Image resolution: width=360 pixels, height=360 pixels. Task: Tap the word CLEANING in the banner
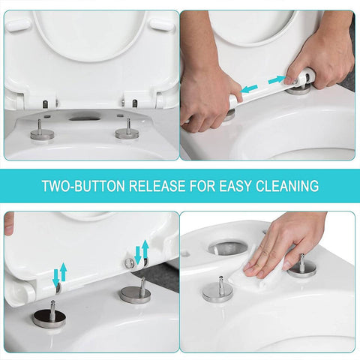coord(283,185)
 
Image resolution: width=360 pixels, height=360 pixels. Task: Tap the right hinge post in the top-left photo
coord(127,130)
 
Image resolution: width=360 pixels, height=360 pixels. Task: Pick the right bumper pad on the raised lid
coord(160,24)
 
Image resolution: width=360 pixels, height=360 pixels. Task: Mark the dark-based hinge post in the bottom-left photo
coord(49,313)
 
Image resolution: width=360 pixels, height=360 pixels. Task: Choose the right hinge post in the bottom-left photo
coord(135,291)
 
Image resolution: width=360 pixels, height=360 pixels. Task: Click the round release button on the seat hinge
coord(130,262)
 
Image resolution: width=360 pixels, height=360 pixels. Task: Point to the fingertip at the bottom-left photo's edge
coord(8,223)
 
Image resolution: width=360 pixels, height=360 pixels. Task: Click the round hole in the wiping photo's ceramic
coord(225,247)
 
